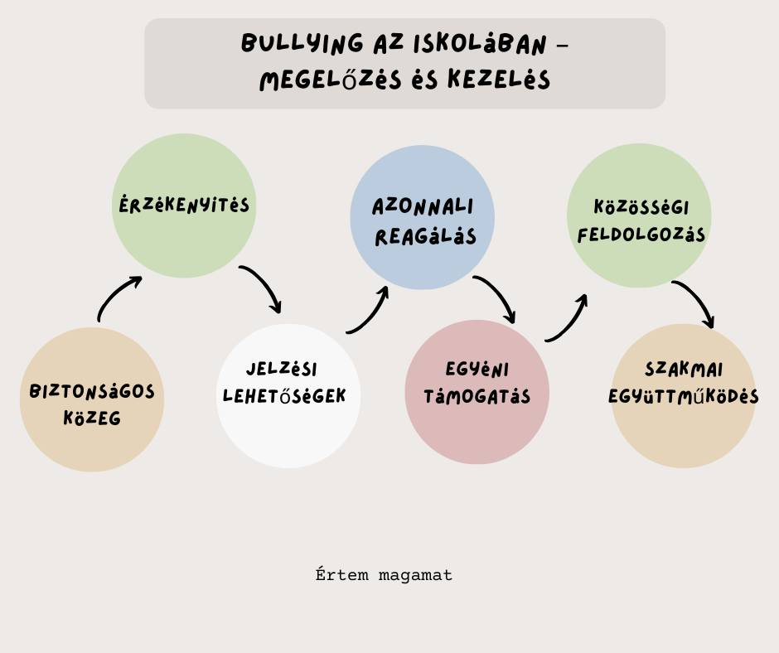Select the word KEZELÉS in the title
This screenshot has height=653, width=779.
click(x=499, y=80)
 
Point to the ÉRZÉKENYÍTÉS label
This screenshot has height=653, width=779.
click(x=184, y=205)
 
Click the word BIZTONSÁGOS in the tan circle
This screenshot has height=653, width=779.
click(x=92, y=391)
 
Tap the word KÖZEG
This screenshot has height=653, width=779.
click(x=92, y=418)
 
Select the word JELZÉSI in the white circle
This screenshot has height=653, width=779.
click(x=282, y=370)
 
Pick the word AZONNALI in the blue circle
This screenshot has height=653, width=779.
click(x=423, y=207)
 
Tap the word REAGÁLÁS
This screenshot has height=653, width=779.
click(x=425, y=237)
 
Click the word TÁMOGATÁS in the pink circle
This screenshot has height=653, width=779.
click(x=477, y=396)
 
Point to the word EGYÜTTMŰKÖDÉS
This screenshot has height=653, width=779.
click(x=684, y=396)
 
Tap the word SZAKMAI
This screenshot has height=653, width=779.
click(x=684, y=370)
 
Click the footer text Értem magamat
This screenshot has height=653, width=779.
click(x=384, y=574)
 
